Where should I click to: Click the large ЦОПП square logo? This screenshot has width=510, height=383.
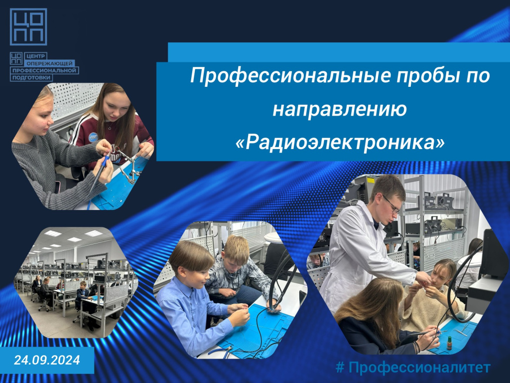[28, 27]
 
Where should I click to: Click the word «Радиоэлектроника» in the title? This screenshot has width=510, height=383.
[340, 142]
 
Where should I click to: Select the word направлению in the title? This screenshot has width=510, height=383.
[340, 109]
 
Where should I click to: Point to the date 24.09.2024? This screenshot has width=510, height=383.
[47, 360]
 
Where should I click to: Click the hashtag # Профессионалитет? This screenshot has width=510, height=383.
[413, 368]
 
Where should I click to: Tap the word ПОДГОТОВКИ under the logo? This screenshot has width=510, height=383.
[31, 77]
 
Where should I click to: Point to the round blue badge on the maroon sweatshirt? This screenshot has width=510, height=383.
[93, 137]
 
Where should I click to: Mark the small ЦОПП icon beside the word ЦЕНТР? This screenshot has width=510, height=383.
[16, 58]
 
